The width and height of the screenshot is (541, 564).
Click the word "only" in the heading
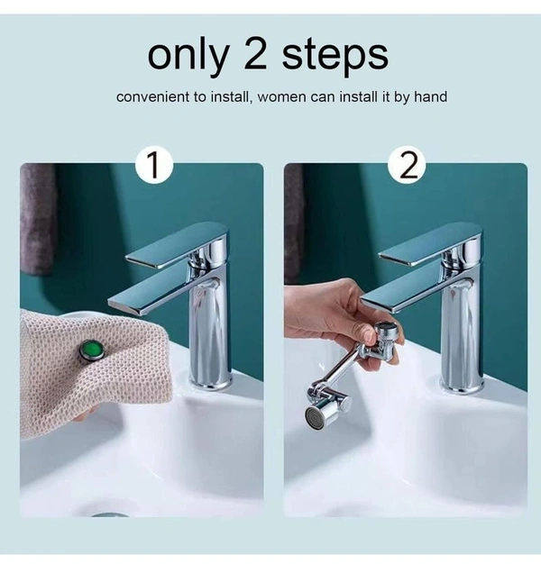[x=188, y=55]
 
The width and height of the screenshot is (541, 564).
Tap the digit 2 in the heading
[x=255, y=54]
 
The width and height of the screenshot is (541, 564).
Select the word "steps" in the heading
[x=335, y=57]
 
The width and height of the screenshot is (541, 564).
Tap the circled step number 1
[x=154, y=166]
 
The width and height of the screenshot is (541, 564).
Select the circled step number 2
[x=407, y=166]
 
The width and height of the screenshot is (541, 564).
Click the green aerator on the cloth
[x=92, y=350]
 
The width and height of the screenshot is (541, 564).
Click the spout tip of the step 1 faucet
[x=120, y=303]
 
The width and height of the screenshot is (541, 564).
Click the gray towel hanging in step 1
[x=38, y=220]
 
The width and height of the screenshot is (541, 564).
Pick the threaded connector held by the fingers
[x=385, y=335]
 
